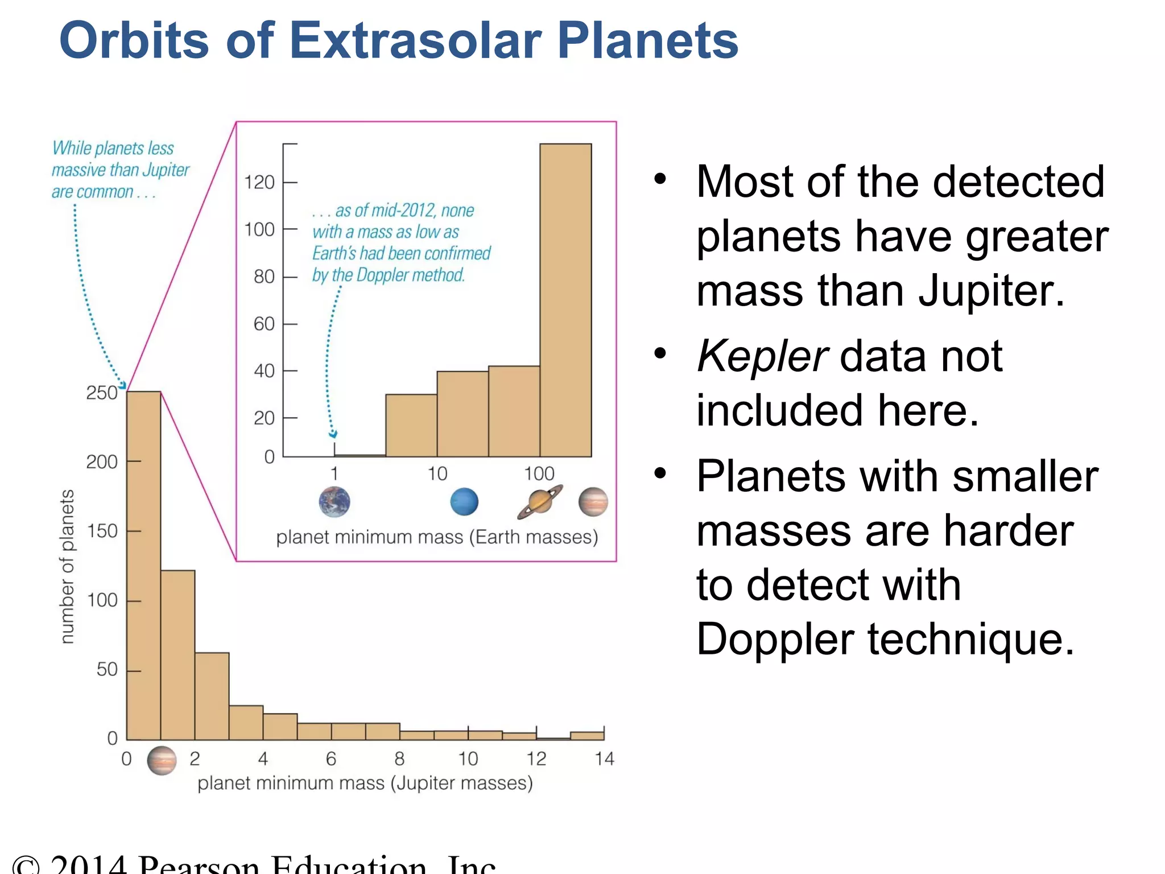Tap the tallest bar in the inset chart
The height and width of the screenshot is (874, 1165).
point(565,302)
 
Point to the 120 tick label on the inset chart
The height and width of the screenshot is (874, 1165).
point(259,183)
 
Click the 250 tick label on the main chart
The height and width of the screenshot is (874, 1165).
point(101,393)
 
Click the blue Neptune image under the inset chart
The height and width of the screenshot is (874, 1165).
point(464,502)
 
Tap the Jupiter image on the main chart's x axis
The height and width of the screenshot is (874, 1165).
point(162,761)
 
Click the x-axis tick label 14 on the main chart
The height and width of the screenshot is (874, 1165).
point(604,759)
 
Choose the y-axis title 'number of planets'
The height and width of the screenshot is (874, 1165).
point(67,566)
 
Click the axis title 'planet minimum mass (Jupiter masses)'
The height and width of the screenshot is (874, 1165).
point(365,784)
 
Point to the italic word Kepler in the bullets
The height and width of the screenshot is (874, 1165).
point(762,356)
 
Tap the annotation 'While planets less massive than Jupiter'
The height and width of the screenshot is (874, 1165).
point(119,170)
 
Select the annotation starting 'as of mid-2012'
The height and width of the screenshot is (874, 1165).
point(400,242)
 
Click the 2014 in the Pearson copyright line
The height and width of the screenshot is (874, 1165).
point(88,864)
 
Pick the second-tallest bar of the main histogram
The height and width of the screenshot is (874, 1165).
point(178,654)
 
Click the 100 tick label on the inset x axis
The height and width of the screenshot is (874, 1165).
point(539,473)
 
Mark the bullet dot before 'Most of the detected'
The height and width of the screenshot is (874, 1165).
point(660,179)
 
